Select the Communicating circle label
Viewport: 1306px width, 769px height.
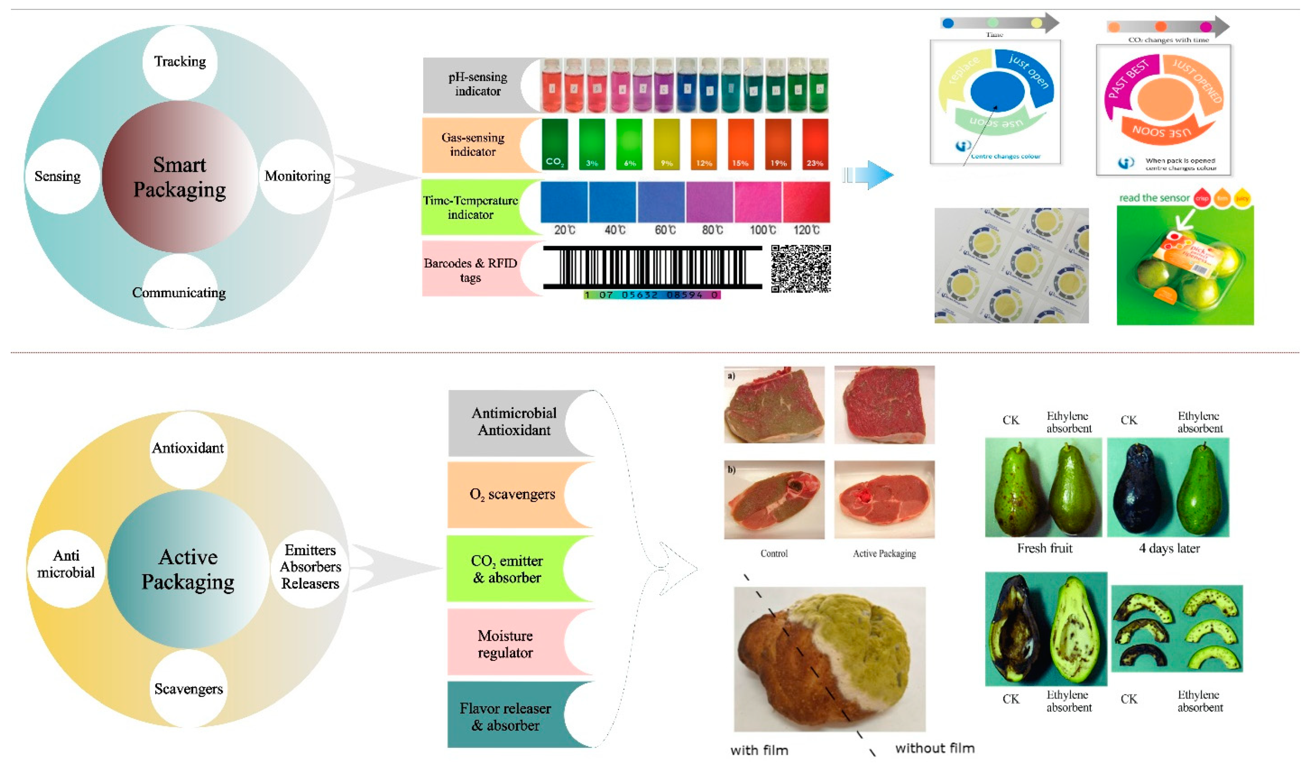click(179, 293)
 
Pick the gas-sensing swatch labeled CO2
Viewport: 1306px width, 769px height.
click(554, 144)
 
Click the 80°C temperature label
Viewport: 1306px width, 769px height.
click(712, 230)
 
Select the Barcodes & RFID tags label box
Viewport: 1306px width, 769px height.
click(471, 270)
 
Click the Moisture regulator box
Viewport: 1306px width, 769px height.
click(505, 644)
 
